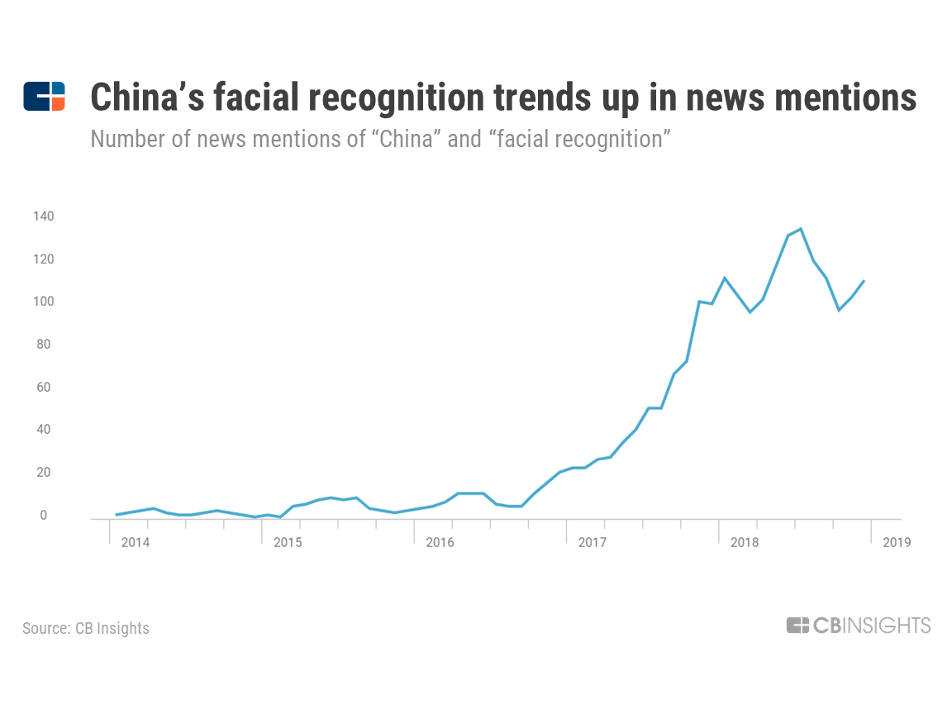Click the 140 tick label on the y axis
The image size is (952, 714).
[x=43, y=217]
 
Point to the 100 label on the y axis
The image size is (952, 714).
[x=43, y=302]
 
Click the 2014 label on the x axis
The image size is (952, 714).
[x=135, y=543]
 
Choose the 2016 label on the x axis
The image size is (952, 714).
[x=440, y=543]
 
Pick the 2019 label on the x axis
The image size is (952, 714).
[x=897, y=543]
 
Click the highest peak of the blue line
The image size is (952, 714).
[x=801, y=229]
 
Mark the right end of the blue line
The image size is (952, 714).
[x=864, y=281]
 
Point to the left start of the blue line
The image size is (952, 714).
[x=117, y=515]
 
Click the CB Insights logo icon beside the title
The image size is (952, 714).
[x=44, y=97]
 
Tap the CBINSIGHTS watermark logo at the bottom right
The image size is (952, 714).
[x=858, y=626]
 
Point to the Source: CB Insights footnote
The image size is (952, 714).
[x=86, y=628]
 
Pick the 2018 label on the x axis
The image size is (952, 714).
[x=745, y=543]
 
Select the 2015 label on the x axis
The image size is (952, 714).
[x=288, y=543]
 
